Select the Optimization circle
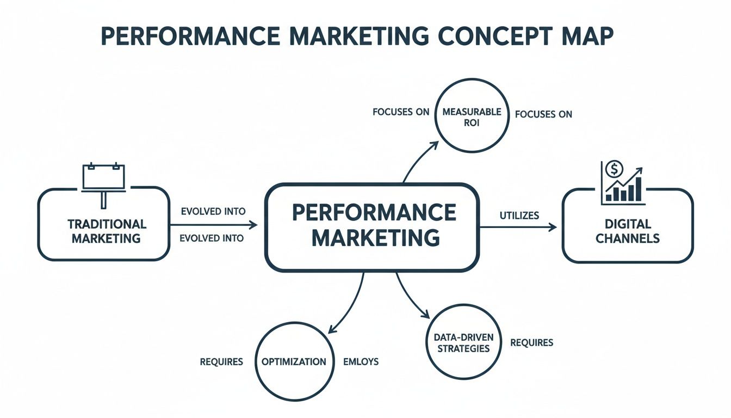294,361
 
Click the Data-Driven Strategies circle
464,342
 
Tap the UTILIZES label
519,216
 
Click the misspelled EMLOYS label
361,361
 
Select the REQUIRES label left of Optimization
221,361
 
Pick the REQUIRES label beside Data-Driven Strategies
531,342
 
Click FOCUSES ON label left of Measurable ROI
401,112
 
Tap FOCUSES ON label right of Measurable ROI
543,114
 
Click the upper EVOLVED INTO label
212,211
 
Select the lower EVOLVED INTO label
212,238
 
